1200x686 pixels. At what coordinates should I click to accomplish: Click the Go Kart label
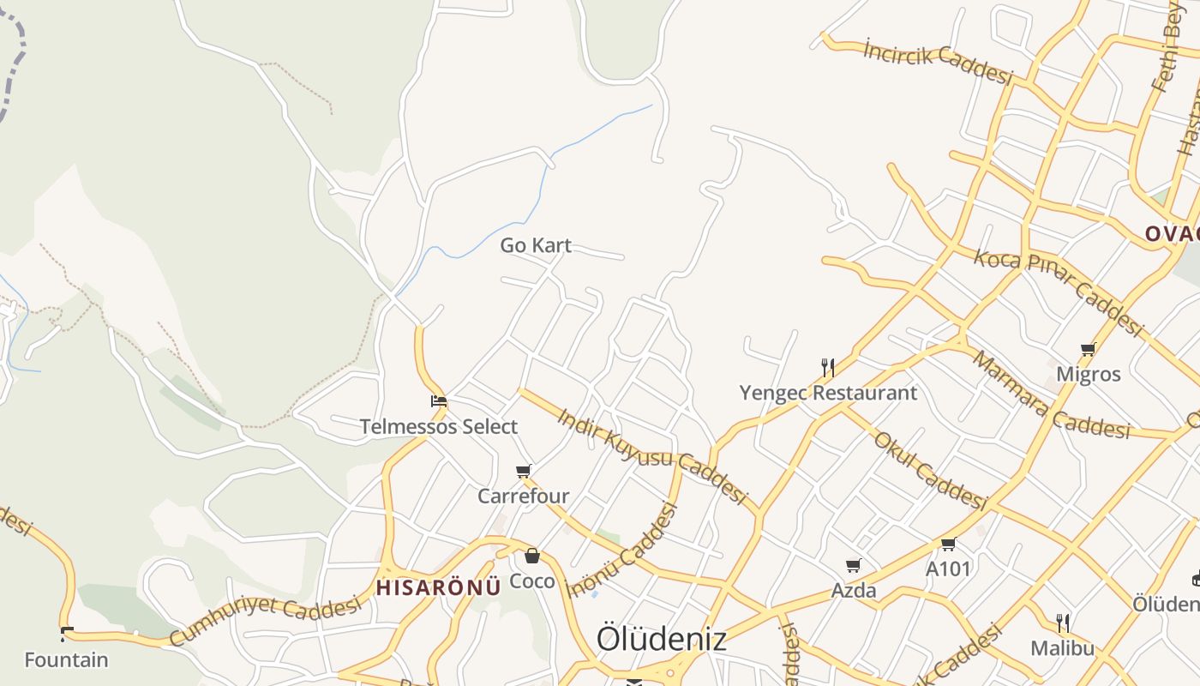[536, 245]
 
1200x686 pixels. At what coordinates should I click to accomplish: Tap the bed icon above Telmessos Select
[439, 400]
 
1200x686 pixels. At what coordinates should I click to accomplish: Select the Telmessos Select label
[439, 426]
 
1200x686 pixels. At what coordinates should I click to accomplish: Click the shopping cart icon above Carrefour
[524, 471]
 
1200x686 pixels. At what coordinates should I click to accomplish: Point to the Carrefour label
[523, 496]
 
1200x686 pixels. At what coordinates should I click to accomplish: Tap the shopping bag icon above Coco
[532, 556]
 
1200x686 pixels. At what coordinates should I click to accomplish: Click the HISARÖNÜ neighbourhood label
[438, 587]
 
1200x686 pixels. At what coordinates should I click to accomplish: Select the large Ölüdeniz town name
[662, 638]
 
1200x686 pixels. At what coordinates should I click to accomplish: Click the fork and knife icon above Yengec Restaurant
[828, 368]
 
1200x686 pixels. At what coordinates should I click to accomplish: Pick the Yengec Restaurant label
[828, 393]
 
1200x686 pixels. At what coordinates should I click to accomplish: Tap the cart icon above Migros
[1089, 349]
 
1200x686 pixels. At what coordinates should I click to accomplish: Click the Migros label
[1089, 374]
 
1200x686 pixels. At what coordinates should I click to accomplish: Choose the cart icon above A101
[948, 544]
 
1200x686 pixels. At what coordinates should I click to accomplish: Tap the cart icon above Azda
[854, 565]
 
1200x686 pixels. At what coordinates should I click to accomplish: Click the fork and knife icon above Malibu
[1063, 623]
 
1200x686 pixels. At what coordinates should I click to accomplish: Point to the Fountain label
[66, 660]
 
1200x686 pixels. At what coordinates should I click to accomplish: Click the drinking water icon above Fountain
[67, 635]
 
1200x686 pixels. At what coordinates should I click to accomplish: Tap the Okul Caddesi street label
[930, 470]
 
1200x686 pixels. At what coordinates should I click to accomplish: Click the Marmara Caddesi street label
[1051, 395]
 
